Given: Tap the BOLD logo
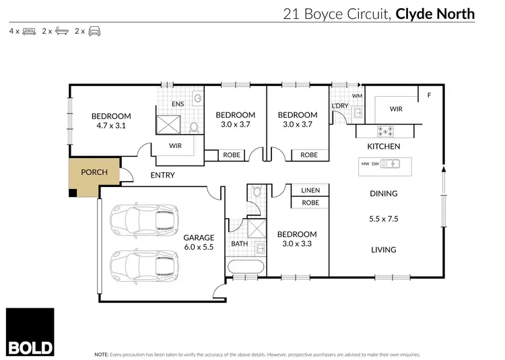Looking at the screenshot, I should click(30, 332).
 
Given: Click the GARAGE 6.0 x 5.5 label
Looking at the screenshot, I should click(199, 242).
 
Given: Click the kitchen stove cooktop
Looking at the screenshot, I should click(386, 131).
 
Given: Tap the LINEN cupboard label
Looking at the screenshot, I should click(310, 190).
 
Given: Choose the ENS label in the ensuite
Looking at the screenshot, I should click(178, 104).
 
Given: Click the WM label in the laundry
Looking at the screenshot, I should click(357, 97).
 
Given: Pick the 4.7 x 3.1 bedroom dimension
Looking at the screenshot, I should click(111, 125).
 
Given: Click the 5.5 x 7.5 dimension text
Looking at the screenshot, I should click(383, 219).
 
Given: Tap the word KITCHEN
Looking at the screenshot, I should click(383, 146).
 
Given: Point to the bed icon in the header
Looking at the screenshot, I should click(29, 31).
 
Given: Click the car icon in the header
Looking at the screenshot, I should click(94, 31).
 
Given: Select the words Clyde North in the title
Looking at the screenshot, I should click(434, 13).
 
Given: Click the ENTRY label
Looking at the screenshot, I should click(162, 175).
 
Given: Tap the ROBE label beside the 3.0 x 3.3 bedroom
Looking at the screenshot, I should click(310, 203).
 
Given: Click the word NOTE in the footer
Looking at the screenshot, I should click(101, 353).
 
